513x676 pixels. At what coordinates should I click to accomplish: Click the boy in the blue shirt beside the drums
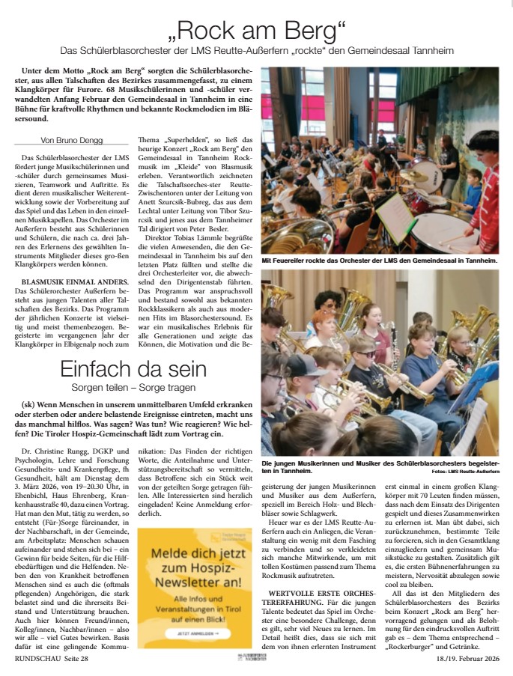pos(473,187)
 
